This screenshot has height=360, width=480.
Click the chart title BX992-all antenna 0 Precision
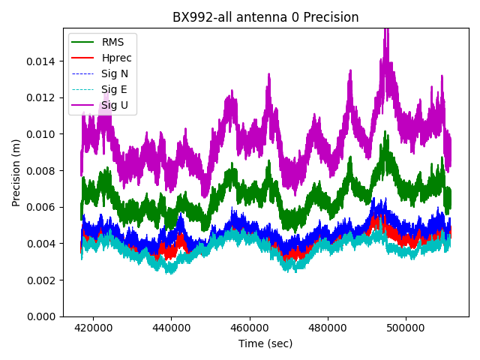click(x=265, y=17)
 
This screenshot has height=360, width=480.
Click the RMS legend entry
click(x=112, y=42)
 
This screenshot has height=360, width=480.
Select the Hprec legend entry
click(x=115, y=58)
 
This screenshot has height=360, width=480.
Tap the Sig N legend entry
click(x=114, y=73)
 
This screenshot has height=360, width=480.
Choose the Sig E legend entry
click(x=114, y=90)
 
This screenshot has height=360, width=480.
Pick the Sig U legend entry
click(x=114, y=106)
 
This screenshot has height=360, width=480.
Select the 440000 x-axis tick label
click(x=171, y=328)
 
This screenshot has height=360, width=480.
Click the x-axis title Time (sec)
click(x=265, y=343)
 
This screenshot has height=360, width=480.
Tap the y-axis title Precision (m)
click(x=16, y=172)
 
